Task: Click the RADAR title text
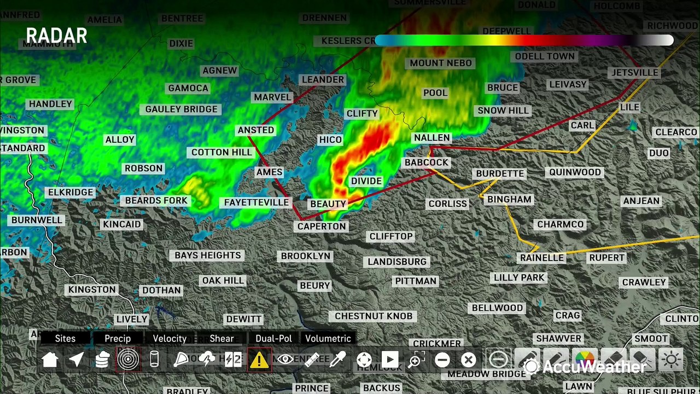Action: click(56, 36)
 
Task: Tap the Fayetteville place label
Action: click(256, 202)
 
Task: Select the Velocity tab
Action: click(170, 338)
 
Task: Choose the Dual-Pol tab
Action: click(273, 338)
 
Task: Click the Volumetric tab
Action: click(328, 338)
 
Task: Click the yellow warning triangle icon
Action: click(259, 360)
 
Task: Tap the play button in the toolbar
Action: click(389, 360)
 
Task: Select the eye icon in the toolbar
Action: click(284, 360)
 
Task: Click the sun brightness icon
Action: click(671, 360)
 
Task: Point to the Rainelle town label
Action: click(541, 257)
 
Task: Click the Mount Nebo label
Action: click(440, 63)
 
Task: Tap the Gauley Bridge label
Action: click(181, 109)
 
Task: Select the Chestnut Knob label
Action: click(374, 316)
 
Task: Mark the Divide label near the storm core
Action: click(366, 181)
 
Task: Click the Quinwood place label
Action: click(575, 172)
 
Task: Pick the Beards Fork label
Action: click(156, 200)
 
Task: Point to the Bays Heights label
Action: click(207, 255)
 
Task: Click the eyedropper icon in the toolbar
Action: click(337, 360)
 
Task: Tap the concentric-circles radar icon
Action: click(128, 360)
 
